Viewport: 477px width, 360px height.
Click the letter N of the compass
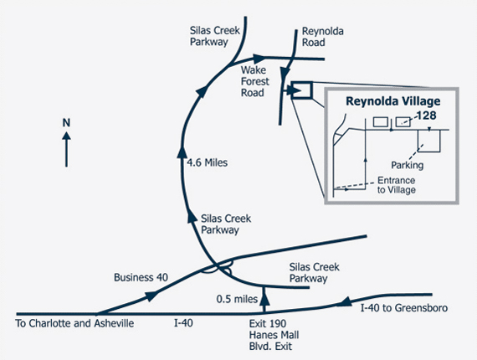pyautogui.click(x=66, y=123)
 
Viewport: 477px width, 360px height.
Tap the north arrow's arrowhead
pyautogui.click(x=66, y=136)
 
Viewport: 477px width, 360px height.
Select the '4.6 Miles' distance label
pyautogui.click(x=208, y=162)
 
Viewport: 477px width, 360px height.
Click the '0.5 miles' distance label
pyautogui.click(x=237, y=299)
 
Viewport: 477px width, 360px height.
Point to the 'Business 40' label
pyautogui.click(x=141, y=277)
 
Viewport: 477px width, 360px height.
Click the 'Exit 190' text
pyautogui.click(x=268, y=323)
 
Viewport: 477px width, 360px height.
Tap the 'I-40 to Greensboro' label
pyautogui.click(x=404, y=308)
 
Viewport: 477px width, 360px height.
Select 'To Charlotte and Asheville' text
pyautogui.click(x=74, y=323)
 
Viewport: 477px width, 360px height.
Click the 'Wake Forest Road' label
pyautogui.click(x=255, y=81)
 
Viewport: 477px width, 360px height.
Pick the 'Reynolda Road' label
pyautogui.click(x=322, y=37)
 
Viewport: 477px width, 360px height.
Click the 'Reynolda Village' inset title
pyautogui.click(x=393, y=101)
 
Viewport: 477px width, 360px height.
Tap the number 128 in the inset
pyautogui.click(x=426, y=116)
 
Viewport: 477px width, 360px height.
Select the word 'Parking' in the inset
pyautogui.click(x=407, y=165)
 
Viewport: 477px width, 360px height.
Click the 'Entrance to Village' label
pyautogui.click(x=397, y=185)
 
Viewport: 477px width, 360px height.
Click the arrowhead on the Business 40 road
pyautogui.click(x=151, y=296)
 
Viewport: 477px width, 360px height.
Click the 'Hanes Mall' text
pyautogui.click(x=274, y=335)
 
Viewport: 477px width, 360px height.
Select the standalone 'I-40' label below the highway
pyautogui.click(x=183, y=323)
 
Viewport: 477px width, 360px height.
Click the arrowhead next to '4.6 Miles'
pyautogui.click(x=182, y=152)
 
